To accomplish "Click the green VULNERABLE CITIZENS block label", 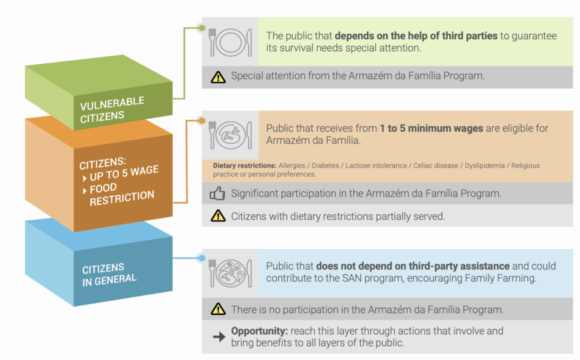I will click(x=113, y=108).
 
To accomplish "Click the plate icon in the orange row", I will click(x=230, y=135).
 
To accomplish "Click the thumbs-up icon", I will click(x=217, y=194).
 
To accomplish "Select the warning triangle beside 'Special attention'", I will click(x=218, y=77).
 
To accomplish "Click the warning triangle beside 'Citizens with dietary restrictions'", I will click(x=218, y=216).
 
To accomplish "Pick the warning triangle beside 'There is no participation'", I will click(x=218, y=309).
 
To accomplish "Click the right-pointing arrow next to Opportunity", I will click(x=219, y=337).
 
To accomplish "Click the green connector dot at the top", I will click(x=201, y=27).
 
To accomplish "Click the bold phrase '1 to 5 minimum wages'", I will click(x=432, y=128).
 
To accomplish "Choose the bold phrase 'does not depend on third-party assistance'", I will click(x=412, y=266).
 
